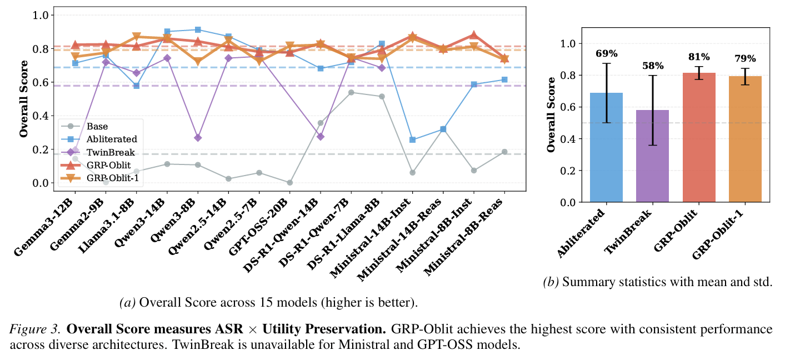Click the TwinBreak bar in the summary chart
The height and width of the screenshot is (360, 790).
(652, 156)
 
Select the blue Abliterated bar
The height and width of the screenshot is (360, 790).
(606, 147)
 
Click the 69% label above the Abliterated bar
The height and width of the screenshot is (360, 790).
(606, 54)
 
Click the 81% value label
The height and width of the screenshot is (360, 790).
(699, 57)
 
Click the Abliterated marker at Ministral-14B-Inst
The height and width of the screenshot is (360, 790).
(412, 139)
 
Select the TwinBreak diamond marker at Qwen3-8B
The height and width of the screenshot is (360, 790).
(198, 137)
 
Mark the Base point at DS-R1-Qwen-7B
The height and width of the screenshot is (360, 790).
(351, 92)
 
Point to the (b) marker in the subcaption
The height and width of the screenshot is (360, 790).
(551, 282)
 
